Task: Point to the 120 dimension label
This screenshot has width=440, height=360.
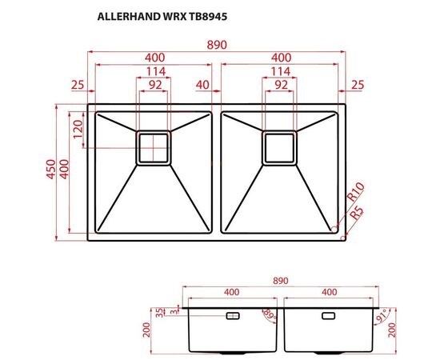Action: coord(78,130)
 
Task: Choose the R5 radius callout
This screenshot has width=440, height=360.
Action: coord(356,212)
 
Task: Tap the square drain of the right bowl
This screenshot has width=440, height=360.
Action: coord(280,148)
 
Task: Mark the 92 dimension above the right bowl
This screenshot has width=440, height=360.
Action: coord(281,84)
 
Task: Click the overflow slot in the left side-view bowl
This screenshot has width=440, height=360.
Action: coord(233,316)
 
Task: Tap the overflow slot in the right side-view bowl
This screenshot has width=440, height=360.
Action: coord(329,316)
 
